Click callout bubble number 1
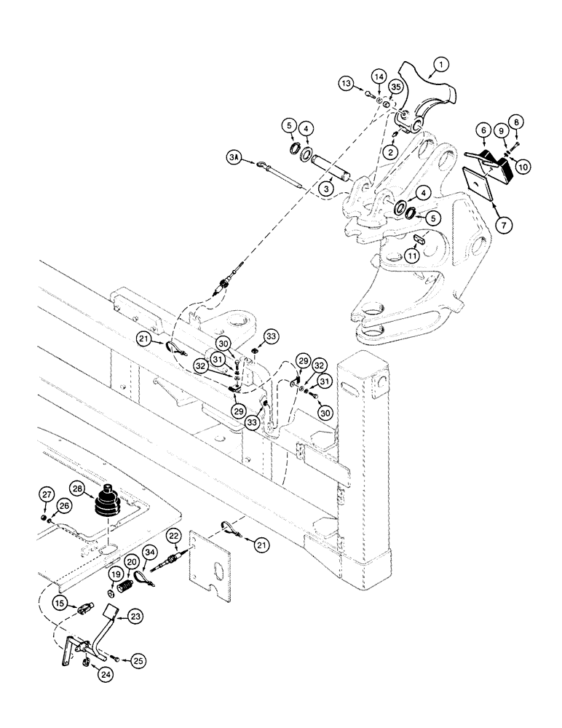coord(438,68)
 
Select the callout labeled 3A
coord(234,157)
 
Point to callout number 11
coord(411,256)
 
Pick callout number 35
coord(395,87)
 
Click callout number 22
coord(173,537)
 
